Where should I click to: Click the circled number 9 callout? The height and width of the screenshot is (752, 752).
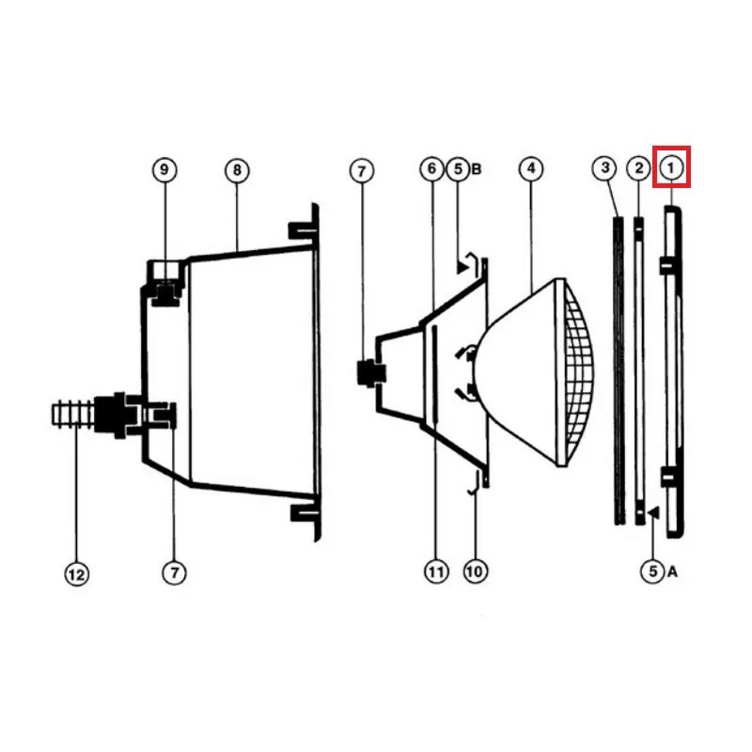point(164,170)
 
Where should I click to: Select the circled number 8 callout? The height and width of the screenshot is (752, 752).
point(237,170)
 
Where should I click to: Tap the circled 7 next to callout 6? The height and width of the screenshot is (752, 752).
point(362,171)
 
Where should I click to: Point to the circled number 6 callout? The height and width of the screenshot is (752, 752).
point(431,169)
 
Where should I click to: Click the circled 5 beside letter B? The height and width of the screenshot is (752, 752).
point(458,169)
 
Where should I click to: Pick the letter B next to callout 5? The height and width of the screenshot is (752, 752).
point(477,169)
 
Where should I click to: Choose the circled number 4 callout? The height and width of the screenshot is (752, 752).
point(531,168)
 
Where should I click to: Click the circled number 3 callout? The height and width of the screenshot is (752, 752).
point(604,168)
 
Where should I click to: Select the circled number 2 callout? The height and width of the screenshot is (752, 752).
point(639,168)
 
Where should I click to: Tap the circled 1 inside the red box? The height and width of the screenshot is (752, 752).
point(671,168)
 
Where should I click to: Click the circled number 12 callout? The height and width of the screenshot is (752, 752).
point(77,574)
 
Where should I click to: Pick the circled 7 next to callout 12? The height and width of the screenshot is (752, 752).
point(174,572)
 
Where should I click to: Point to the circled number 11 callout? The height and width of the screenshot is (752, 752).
point(436,572)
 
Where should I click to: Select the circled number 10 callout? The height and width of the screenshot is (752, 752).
point(475,572)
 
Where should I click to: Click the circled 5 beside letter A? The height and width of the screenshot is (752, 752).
point(652,572)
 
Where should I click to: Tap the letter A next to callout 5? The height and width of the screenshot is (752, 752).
point(672,572)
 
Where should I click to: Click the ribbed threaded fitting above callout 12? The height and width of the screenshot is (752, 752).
point(72,415)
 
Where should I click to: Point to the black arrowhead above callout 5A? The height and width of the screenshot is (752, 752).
point(653,513)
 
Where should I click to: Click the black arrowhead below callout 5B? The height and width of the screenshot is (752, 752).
point(462,267)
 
